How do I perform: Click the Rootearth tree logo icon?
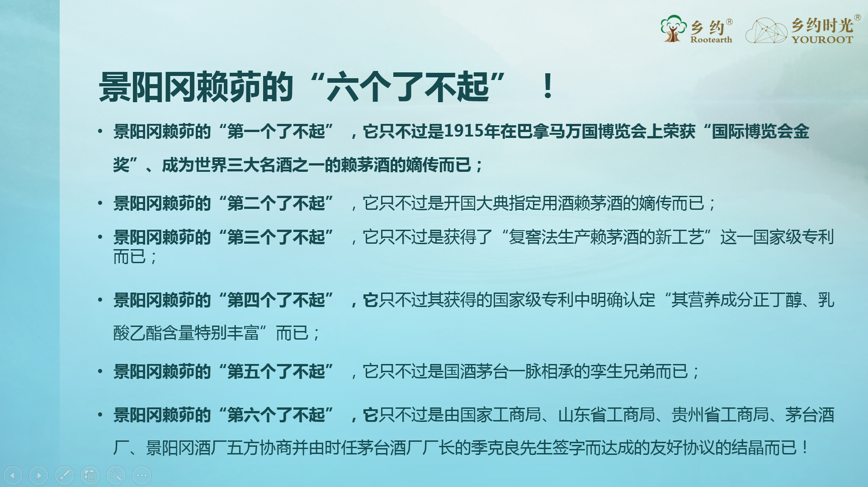(673, 28)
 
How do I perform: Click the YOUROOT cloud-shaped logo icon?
(766, 30)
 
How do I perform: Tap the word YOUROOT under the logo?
(822, 40)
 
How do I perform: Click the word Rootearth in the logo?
(711, 40)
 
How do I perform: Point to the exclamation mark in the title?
(547, 86)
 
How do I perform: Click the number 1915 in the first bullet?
(463, 131)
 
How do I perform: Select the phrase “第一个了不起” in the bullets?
(276, 132)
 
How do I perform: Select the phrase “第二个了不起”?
(276, 203)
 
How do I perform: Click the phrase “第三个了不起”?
(276, 237)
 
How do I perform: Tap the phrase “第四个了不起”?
(276, 300)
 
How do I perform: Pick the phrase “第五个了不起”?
(276, 371)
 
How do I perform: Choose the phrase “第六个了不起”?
(276, 415)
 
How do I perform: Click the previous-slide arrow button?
(13, 475)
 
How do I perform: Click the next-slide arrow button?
(38, 475)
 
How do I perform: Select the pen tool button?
(64, 475)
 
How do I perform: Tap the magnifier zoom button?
(116, 475)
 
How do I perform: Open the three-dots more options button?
(142, 475)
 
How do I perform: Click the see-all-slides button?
(90, 475)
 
